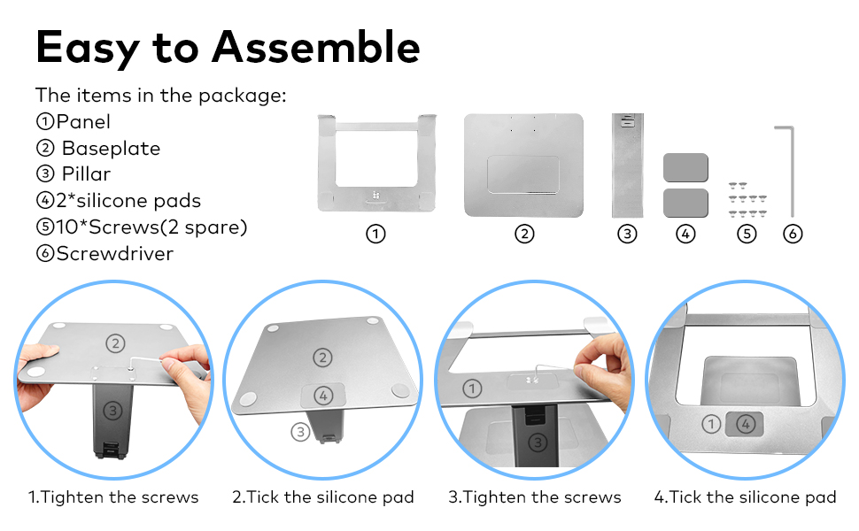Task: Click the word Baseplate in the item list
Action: [111, 149]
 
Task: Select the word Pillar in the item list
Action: [86, 174]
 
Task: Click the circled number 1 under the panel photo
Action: [375, 235]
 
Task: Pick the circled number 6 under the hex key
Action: [793, 235]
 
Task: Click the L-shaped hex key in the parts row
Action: [788, 168]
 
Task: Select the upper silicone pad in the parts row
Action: [685, 168]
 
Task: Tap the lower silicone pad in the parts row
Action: [685, 203]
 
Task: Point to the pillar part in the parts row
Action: [627, 165]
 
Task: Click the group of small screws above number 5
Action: [747, 200]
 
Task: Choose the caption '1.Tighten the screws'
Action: [113, 497]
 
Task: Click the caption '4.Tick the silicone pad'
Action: [745, 497]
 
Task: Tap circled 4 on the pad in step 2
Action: [324, 395]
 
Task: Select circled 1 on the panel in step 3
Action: [472, 389]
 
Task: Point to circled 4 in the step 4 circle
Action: [746, 424]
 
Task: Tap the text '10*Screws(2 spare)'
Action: [142, 227]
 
